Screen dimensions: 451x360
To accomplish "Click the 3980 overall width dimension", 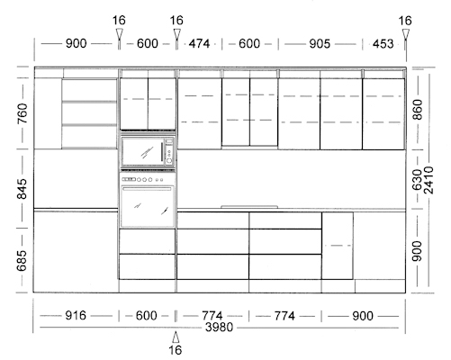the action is [219, 327].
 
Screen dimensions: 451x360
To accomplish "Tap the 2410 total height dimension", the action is [429, 180].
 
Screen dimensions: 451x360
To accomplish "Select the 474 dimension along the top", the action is [199, 44].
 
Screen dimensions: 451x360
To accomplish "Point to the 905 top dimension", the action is [320, 44].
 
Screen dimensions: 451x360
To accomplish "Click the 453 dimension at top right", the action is [383, 44].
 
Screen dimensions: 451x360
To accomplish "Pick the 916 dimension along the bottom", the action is [76, 316].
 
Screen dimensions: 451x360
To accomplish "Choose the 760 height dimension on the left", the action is [23, 113].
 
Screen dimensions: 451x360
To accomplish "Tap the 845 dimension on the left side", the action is [23, 189].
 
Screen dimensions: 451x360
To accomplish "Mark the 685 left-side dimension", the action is [23, 260].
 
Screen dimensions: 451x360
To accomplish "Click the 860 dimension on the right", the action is [417, 110].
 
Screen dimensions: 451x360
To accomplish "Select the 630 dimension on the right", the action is [417, 180].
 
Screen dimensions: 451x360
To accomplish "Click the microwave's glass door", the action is [143, 152].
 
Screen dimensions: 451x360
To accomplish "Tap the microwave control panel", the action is [169, 152].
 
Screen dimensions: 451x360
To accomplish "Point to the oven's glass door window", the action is [148, 209].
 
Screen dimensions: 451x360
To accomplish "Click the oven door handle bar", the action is [147, 189].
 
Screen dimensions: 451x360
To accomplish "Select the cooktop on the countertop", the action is [249, 207].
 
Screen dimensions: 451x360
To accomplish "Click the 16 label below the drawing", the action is [176, 350].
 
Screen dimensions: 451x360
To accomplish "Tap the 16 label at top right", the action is [405, 21].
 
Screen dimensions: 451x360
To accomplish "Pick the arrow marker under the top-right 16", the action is [406, 35].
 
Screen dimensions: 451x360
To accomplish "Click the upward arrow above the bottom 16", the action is [176, 337].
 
